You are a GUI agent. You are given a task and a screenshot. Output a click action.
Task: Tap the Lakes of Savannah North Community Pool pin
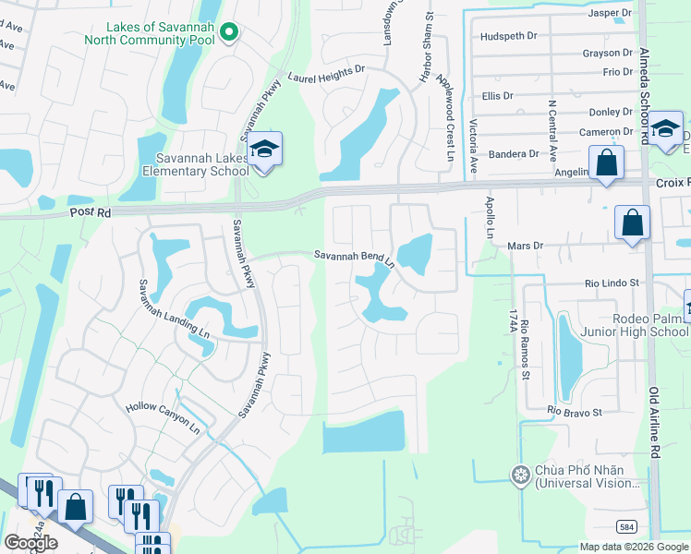coord(231,33)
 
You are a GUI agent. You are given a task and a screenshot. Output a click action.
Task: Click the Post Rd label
coord(89,213)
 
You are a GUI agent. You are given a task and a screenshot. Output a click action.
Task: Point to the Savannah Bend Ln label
coord(354,258)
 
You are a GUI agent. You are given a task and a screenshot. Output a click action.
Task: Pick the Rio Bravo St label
coord(574,410)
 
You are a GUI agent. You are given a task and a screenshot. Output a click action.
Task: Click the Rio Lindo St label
coord(612,283)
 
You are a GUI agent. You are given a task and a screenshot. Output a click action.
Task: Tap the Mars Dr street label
coord(529,246)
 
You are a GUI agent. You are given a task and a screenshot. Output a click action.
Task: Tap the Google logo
coord(30,543)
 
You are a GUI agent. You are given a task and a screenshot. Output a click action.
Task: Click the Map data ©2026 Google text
coord(634,547)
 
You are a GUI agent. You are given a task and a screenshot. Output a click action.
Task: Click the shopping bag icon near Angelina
coord(607,164)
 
